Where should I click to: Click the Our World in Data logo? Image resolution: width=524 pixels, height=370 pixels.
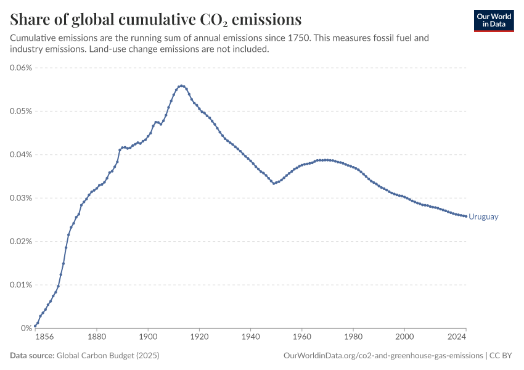494,21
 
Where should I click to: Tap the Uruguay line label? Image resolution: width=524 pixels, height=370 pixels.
483,216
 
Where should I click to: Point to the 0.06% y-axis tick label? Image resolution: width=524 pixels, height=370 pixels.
21,67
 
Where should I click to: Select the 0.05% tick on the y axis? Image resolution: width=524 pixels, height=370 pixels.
21,111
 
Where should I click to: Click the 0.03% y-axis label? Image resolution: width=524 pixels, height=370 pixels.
21,198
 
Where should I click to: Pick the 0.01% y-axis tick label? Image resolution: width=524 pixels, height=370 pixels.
21,285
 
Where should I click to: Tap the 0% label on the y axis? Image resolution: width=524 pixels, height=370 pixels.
27,328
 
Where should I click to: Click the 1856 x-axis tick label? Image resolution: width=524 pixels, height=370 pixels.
44,337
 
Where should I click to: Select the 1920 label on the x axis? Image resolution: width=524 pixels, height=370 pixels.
199,337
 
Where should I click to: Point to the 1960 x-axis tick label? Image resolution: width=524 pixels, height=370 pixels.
302,337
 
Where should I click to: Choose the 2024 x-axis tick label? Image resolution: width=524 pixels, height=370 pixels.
457,337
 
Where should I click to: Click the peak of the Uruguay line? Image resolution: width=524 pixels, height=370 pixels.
181,86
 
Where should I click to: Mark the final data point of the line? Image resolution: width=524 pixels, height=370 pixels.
466,216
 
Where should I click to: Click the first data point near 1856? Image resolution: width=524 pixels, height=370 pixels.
35,326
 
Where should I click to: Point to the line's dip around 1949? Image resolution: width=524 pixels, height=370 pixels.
274,184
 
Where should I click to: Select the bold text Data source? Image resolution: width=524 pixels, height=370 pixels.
32,355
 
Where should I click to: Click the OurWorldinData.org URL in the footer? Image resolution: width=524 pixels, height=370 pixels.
383,355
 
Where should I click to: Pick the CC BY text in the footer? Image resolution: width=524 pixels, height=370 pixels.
501,355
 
